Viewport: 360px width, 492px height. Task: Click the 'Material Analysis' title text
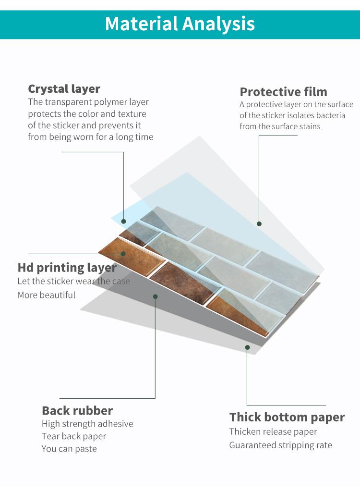[x=180, y=24]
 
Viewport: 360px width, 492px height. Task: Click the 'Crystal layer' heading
[x=64, y=89]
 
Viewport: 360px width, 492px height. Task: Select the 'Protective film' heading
[x=284, y=92]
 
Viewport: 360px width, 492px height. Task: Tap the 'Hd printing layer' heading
[x=67, y=268]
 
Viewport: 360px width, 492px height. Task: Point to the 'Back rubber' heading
[x=77, y=410]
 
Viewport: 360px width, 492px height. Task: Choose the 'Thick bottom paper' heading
[x=287, y=418]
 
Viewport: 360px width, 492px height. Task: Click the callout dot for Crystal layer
[x=123, y=221]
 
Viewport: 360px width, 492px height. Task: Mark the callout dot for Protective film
[x=259, y=224]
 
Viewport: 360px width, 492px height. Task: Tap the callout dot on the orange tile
[x=123, y=254]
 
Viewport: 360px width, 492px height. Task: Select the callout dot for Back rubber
[x=155, y=296]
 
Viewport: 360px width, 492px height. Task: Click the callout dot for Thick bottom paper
[x=247, y=347]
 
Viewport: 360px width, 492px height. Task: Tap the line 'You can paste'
[x=69, y=449]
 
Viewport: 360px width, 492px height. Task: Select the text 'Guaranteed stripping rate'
[x=280, y=445]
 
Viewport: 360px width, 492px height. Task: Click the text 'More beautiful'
[x=47, y=295]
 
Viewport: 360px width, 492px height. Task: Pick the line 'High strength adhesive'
[x=87, y=424]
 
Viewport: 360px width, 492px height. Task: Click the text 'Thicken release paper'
[x=273, y=432]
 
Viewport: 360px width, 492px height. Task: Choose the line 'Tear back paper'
[x=74, y=436]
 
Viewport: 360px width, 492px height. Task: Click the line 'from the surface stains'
[x=280, y=126]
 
